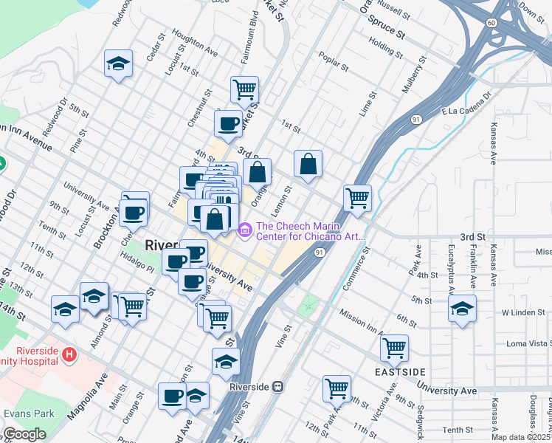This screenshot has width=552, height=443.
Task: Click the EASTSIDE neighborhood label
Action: tap(395, 370)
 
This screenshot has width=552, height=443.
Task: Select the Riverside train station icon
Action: tap(278, 386)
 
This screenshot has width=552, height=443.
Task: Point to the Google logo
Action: tap(24, 435)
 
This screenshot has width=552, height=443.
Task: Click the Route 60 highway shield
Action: tap(491, 23)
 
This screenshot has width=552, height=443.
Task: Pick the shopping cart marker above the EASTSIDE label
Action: tap(395, 347)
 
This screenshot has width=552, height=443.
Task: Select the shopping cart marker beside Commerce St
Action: tap(357, 197)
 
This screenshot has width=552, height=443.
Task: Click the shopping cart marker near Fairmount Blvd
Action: tap(244, 89)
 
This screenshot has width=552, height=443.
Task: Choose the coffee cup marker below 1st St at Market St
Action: tap(228, 123)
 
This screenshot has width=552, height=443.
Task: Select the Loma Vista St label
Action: tap(528, 344)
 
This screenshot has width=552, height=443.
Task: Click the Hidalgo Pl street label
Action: tap(139, 265)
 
